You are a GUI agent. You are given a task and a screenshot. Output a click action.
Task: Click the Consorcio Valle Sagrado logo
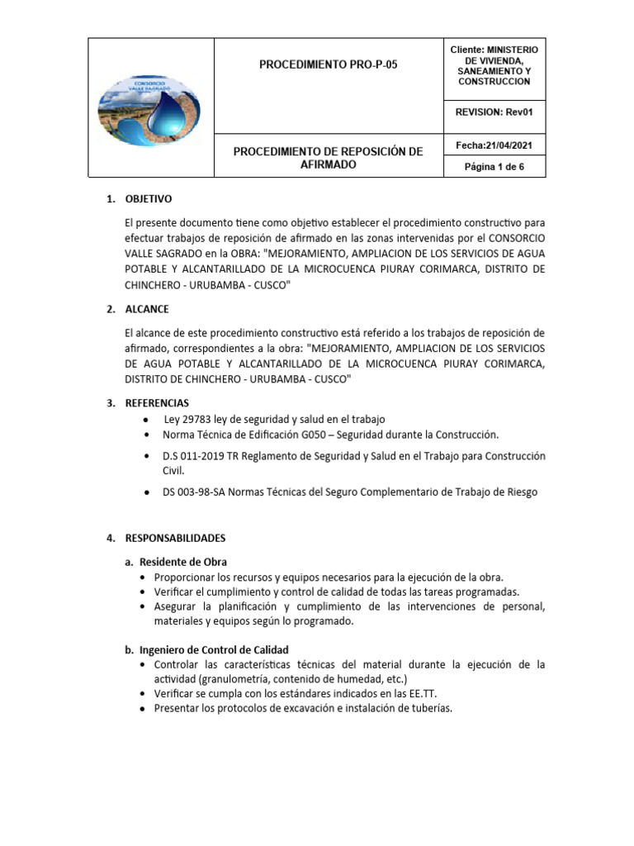tap(151, 109)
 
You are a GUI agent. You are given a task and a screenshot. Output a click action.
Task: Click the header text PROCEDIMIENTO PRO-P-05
tap(328, 63)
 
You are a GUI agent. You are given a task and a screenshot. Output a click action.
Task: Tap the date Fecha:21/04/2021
tap(494, 145)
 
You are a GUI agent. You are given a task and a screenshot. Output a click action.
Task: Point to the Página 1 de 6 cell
tap(494, 167)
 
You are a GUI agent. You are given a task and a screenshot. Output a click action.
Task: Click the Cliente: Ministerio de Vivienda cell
tap(494, 65)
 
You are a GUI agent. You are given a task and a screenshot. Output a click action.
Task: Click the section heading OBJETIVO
tap(148, 199)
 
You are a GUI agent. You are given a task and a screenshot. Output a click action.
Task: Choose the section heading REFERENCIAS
tap(157, 403)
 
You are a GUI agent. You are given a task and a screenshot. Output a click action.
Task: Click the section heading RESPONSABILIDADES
tap(174, 538)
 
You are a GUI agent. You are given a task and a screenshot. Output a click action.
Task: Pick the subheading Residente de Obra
tap(182, 562)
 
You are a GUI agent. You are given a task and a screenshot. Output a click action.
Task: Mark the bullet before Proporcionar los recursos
tap(144, 577)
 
